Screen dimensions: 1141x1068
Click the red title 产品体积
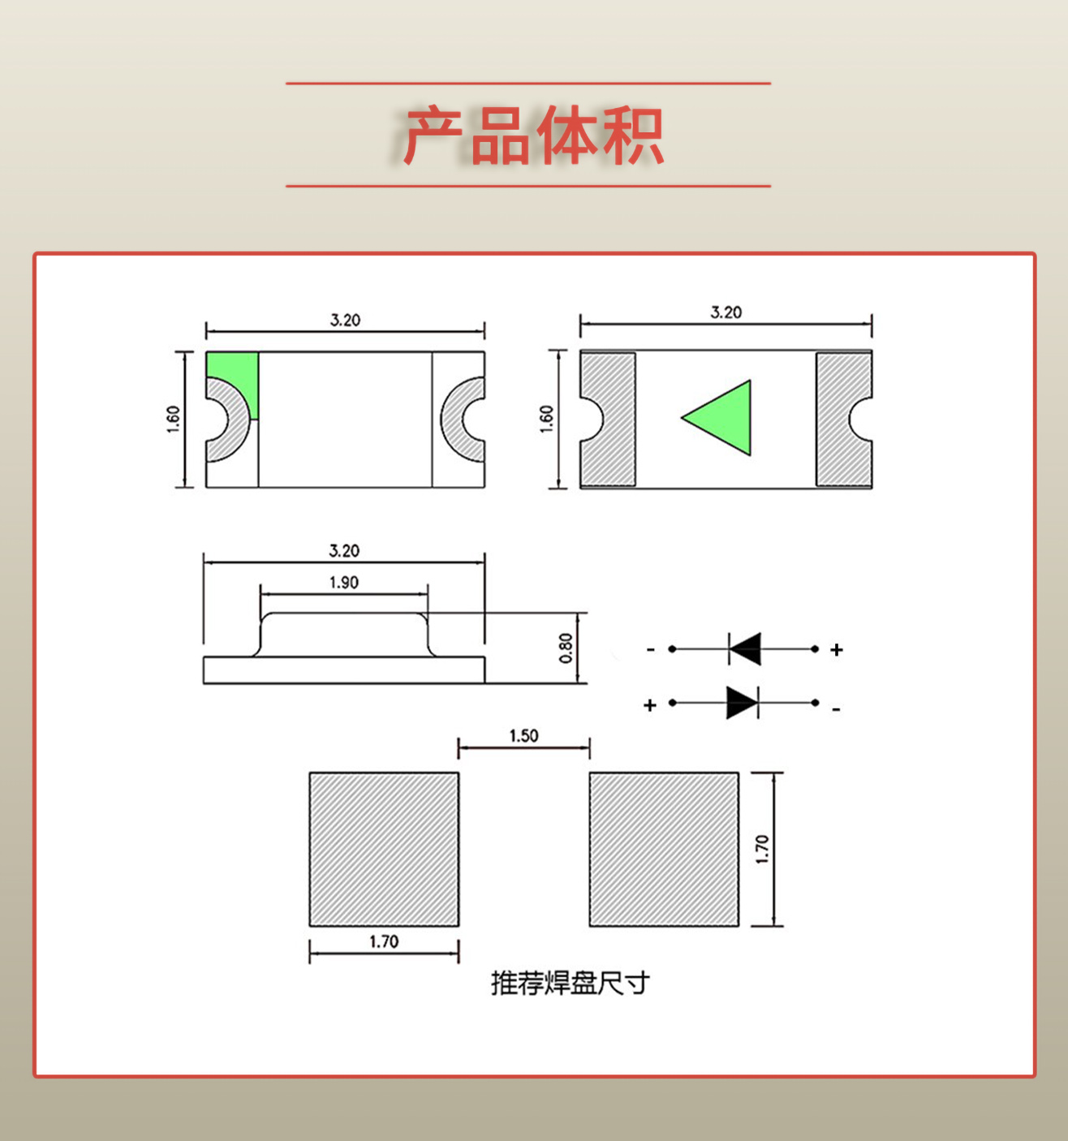tap(533, 136)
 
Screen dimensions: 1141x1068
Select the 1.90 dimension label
tap(344, 583)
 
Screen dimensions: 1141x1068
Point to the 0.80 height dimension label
tap(566, 648)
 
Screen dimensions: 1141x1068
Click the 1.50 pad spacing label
tap(523, 735)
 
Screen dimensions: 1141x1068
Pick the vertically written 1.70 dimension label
tap(762, 849)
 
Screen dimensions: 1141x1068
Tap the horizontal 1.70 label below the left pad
tap(384, 941)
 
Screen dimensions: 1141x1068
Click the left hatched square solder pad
tap(384, 849)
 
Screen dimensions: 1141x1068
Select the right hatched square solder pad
tap(664, 849)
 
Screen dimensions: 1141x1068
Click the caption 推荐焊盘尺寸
tap(570, 983)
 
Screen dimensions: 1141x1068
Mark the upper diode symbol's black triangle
tap(746, 649)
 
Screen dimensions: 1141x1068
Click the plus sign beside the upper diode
tap(837, 649)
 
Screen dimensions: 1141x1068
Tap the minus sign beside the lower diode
tap(836, 710)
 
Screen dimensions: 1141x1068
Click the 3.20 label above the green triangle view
tap(726, 312)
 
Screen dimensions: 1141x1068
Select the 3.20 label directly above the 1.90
tap(344, 551)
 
